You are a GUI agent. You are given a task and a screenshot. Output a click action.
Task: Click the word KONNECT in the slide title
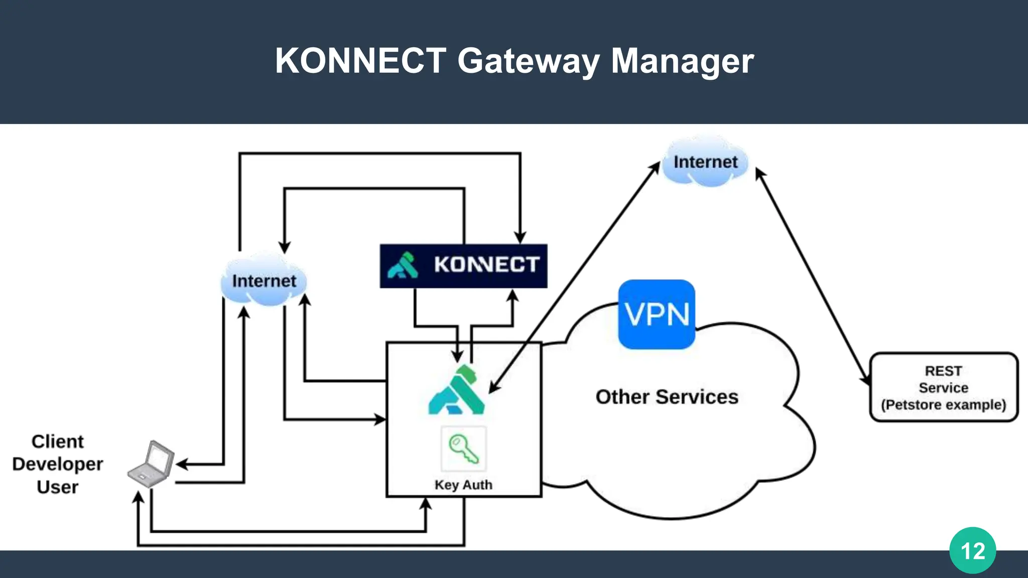(x=360, y=61)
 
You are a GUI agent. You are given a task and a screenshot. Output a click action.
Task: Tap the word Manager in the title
(x=682, y=61)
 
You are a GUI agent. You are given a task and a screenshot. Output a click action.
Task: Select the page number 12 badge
(x=972, y=550)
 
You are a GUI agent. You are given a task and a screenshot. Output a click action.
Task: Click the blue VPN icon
(x=657, y=315)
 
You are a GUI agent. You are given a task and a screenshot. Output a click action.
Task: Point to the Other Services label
(x=667, y=397)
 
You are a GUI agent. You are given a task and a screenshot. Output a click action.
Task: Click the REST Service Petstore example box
(x=944, y=387)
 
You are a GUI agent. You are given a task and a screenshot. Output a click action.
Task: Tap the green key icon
(x=463, y=449)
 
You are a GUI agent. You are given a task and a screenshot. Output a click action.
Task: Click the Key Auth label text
(x=463, y=485)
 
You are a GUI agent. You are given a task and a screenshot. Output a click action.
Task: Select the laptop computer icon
(x=152, y=464)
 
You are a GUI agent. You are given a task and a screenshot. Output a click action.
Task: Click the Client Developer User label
(x=58, y=464)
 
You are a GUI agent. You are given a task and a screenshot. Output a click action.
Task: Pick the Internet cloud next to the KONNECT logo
(x=264, y=280)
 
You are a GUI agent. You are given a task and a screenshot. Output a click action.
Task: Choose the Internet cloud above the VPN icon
(x=705, y=162)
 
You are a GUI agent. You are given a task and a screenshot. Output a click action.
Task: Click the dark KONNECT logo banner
(x=463, y=265)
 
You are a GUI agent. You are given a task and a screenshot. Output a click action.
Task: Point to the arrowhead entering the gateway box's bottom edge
(x=426, y=503)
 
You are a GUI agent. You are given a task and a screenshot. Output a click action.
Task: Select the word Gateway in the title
(x=528, y=61)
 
